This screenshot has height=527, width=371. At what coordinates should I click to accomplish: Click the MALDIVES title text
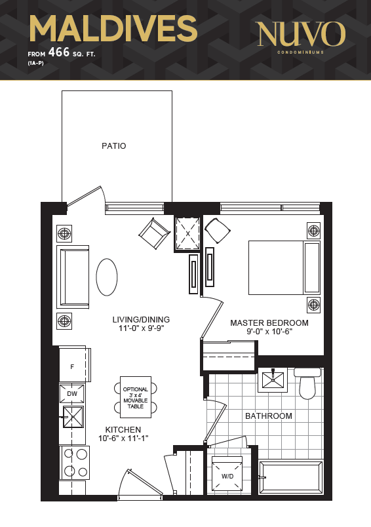click(x=113, y=29)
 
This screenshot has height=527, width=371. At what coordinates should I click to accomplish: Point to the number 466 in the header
click(x=59, y=52)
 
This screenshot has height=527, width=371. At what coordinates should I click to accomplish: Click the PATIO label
click(x=114, y=146)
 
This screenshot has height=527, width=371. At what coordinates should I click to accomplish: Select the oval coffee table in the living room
click(x=107, y=277)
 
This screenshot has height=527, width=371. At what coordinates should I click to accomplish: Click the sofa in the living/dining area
click(x=73, y=277)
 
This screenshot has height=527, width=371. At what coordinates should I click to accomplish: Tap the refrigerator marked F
click(x=75, y=364)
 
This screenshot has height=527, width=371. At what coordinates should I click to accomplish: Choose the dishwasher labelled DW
click(x=72, y=393)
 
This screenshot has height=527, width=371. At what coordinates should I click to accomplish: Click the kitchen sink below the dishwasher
click(x=73, y=417)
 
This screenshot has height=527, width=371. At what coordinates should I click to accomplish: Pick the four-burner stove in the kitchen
click(x=75, y=463)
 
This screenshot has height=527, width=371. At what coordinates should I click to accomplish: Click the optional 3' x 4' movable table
click(x=136, y=397)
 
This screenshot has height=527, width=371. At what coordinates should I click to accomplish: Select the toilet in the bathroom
click(x=308, y=383)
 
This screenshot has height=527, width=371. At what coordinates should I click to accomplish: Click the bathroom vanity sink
click(x=273, y=380)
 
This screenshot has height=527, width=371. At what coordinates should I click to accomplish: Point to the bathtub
click(x=291, y=477)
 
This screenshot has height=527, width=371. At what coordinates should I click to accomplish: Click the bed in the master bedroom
click(x=284, y=267)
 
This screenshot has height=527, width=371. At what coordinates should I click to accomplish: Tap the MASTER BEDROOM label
click(x=269, y=322)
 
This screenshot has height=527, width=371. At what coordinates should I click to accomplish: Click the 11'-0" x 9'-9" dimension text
click(x=141, y=328)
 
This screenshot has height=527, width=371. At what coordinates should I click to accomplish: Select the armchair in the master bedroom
click(x=218, y=231)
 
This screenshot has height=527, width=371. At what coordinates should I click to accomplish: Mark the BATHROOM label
click(x=269, y=416)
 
